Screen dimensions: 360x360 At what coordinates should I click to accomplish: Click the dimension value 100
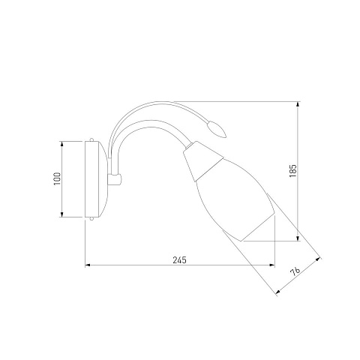click(x=57, y=178)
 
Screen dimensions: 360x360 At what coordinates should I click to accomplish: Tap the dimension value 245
click(x=179, y=260)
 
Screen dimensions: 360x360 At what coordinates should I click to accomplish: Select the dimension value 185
click(x=292, y=171)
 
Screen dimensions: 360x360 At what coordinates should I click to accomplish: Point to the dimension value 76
click(x=295, y=271)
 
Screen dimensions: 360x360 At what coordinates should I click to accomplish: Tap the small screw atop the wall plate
click(x=91, y=139)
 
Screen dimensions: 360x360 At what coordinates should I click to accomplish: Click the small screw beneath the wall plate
click(x=91, y=219)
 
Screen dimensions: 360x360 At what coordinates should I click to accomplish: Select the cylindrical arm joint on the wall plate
click(x=115, y=179)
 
